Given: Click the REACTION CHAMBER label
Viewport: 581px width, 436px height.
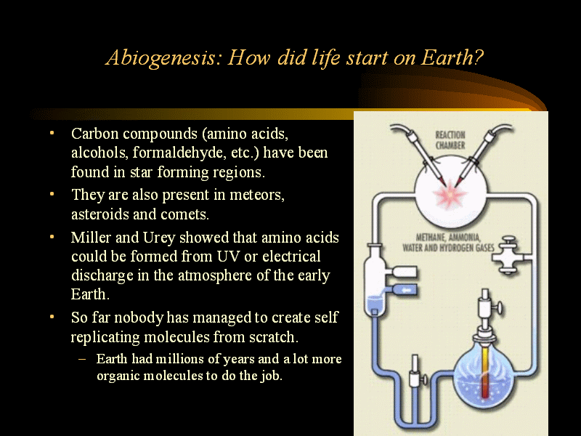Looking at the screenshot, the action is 450,140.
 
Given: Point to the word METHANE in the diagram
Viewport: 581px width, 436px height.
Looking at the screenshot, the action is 430,238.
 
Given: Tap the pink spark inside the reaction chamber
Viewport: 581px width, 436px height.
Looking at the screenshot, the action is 450,195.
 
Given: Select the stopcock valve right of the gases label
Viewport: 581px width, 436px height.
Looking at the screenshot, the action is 508,256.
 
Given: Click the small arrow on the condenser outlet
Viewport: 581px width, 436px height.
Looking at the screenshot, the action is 406,290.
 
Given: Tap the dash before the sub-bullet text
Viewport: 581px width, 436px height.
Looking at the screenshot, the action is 82,359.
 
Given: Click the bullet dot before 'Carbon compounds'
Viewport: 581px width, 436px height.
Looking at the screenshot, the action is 52,133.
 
